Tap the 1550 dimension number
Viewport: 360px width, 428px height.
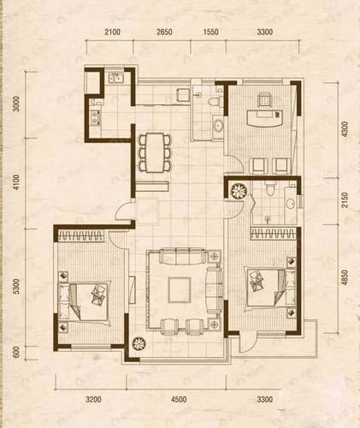(x=213, y=34)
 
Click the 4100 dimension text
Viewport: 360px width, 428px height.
(x=15, y=183)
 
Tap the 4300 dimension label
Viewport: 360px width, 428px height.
(x=345, y=128)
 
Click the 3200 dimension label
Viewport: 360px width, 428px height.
(x=93, y=399)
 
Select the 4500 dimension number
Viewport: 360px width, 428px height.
(x=179, y=399)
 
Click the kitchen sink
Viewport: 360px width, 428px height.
(x=117, y=80)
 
